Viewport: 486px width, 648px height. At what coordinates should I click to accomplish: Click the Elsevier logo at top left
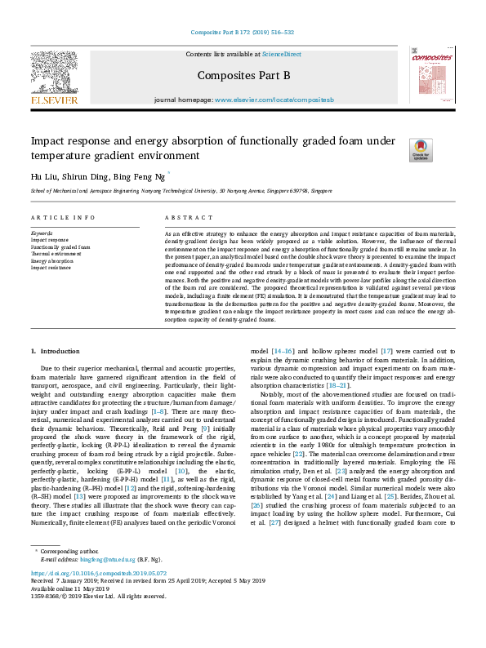click(x=55, y=77)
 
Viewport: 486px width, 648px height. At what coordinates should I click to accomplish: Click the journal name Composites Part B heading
click(x=243, y=76)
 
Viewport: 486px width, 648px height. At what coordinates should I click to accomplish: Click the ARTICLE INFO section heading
click(x=63, y=218)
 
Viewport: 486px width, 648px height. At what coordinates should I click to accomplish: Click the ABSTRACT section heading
click(x=189, y=218)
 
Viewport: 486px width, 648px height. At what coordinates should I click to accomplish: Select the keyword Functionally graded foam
click(x=60, y=246)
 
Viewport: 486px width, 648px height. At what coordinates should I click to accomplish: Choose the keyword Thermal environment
click(x=56, y=254)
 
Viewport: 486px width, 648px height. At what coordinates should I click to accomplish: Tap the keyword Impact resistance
click(x=51, y=268)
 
